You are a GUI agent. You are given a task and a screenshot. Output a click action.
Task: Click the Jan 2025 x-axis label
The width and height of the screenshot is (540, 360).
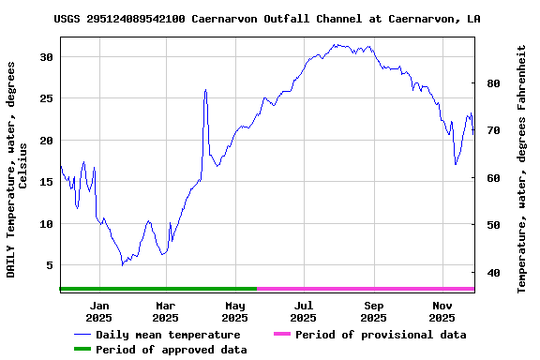[98, 311]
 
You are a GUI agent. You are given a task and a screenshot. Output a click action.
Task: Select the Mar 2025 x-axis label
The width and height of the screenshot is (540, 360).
[165, 311]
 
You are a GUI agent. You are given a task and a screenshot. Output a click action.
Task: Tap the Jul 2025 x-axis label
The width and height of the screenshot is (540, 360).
[303, 311]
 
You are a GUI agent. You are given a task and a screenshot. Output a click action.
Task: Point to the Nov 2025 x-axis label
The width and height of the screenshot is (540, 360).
[442, 311]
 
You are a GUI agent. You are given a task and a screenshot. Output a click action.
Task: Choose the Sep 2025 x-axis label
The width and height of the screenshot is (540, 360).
[373, 311]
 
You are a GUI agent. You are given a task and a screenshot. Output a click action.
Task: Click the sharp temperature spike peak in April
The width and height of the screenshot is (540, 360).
[205, 90]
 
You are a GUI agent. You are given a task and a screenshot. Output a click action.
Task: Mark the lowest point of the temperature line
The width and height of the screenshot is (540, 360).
[122, 265]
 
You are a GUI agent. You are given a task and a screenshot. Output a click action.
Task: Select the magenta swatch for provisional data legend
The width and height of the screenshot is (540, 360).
[282, 335]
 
